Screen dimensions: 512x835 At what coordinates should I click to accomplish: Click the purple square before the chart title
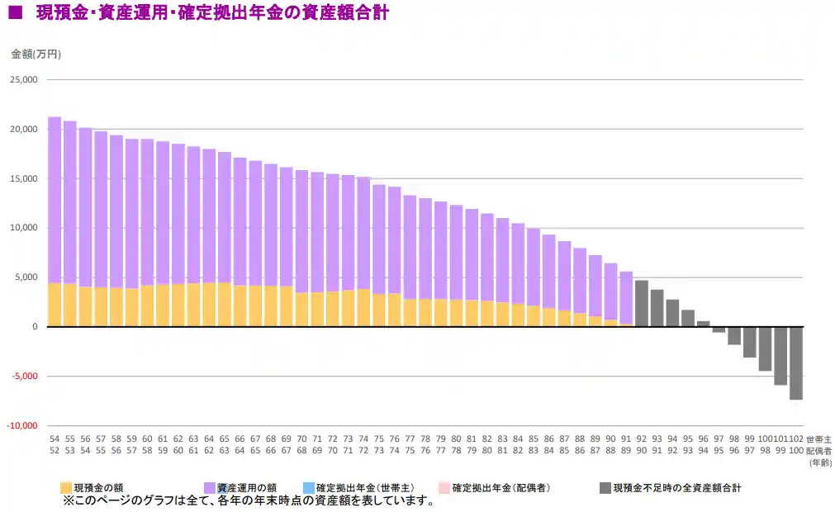15,14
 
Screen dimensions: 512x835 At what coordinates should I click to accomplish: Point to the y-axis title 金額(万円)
36,54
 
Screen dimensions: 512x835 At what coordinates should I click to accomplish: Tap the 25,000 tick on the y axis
23,80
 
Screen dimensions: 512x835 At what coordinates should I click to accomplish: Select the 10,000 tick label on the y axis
23,228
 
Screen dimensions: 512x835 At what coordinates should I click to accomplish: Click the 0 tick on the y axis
34,327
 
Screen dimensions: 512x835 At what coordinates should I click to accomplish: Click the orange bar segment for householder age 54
55,305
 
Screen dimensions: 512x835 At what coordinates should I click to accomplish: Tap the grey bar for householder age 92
641,304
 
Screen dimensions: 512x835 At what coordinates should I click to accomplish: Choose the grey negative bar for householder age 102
796,363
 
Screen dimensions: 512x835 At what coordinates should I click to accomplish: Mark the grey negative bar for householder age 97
719,329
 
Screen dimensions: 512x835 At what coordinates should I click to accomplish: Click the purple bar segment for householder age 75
379,239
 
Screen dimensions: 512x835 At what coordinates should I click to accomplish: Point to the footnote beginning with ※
248,500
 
